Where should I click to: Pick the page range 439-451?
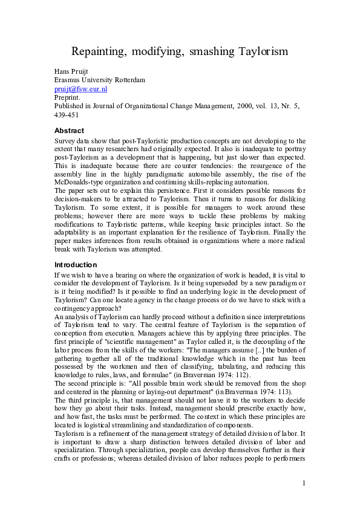pyautogui.click(x=67, y=114)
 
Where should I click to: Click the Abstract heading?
pyautogui.click(x=69, y=131)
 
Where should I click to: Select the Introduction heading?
pyautogui.click(x=75, y=264)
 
